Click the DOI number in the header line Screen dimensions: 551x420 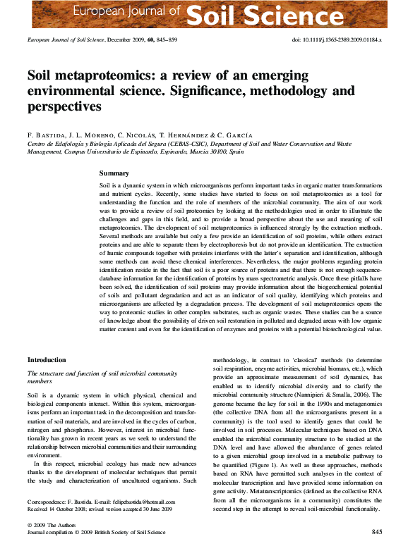[342, 40]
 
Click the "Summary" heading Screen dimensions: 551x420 [114, 173]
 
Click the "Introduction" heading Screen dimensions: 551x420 [47, 360]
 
